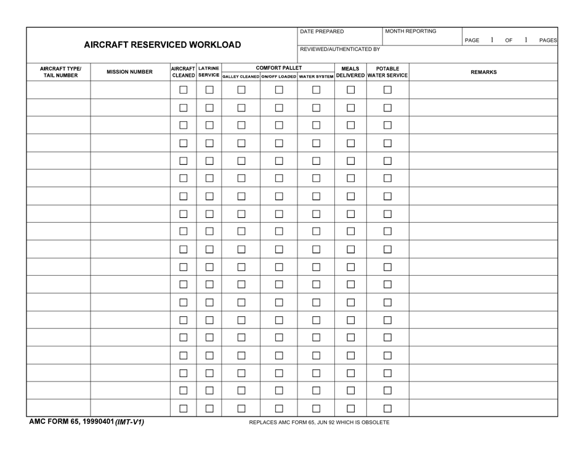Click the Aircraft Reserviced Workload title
tap(163, 45)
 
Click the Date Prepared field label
tap(322, 31)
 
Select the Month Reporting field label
tap(411, 31)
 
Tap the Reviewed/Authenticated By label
tap(340, 49)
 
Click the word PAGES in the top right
tap(548, 41)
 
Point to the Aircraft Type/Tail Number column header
tap(60, 72)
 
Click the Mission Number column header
tap(130, 72)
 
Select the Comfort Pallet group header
tap(278, 68)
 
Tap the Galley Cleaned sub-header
tap(241, 76)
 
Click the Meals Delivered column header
tap(350, 72)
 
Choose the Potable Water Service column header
tap(388, 72)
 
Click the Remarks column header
tap(483, 72)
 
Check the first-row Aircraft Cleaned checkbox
tap(184, 90)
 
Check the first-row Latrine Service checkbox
tap(209, 90)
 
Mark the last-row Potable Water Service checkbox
tap(388, 408)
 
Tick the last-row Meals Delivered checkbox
tap(350, 408)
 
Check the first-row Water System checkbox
tap(316, 90)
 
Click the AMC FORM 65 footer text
tap(86, 423)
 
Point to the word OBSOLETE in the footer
tap(371, 423)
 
